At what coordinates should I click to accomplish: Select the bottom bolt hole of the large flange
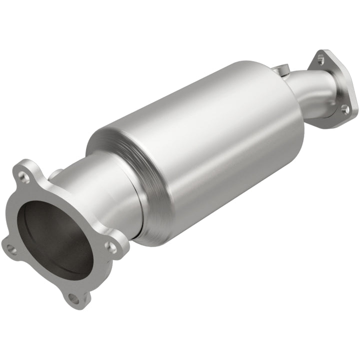pos(74,298)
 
